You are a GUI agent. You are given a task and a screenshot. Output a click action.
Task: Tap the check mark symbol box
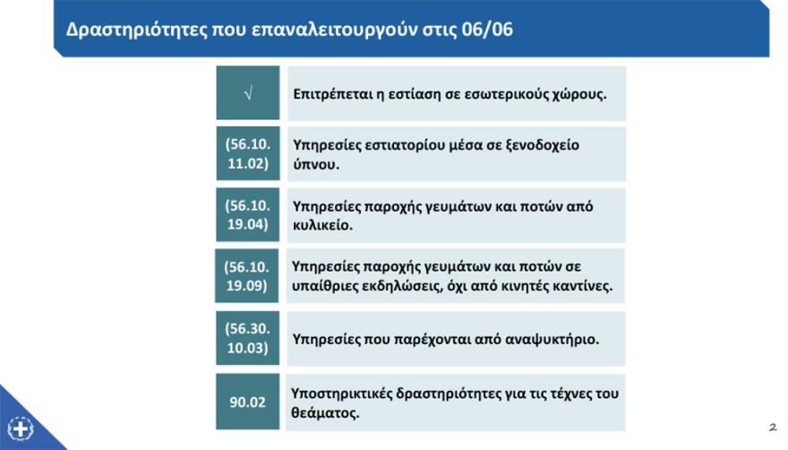(x=247, y=93)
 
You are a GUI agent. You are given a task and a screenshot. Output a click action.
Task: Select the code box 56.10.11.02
(x=247, y=154)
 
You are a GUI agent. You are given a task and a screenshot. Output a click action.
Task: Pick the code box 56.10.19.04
(x=247, y=215)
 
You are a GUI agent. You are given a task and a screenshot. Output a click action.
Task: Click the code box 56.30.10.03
(x=247, y=338)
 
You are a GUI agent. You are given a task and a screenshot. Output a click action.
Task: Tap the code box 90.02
(x=247, y=402)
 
